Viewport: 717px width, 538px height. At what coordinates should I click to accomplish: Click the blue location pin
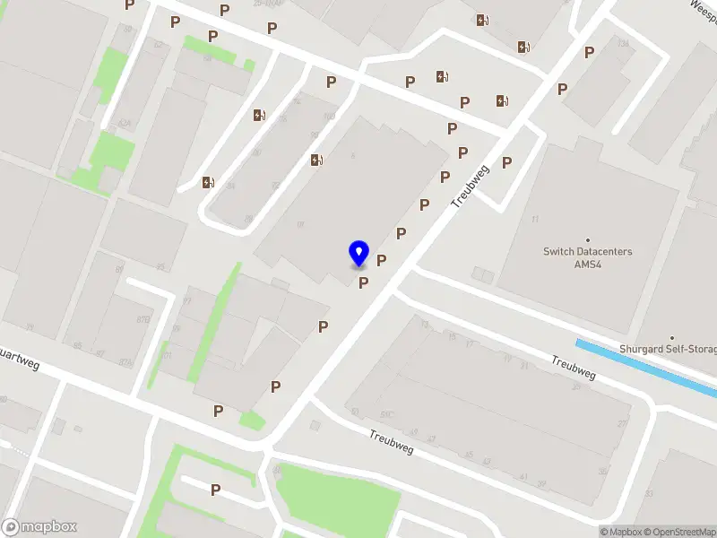tap(358, 252)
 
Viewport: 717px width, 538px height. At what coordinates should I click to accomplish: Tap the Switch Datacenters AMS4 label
tap(587, 257)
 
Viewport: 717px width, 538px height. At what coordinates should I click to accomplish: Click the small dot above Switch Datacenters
tap(588, 239)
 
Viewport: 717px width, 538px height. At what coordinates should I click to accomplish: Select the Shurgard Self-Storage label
tap(668, 349)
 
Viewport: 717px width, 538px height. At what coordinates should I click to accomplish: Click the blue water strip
tap(645, 367)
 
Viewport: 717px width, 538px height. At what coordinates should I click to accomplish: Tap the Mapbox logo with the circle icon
tap(39, 527)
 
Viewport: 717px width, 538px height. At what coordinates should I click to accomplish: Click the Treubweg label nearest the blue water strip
tap(574, 366)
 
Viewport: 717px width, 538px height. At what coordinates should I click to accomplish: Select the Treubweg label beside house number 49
tap(391, 441)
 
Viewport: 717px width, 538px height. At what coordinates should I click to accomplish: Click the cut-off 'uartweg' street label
tap(20, 359)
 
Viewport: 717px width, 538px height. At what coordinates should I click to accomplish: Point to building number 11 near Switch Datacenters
tap(535, 220)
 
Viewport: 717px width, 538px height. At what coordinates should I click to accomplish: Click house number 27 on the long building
tap(622, 423)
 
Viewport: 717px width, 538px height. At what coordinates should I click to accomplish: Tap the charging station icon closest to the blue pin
tap(315, 161)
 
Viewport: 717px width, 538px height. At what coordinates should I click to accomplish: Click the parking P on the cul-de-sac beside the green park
tap(215, 490)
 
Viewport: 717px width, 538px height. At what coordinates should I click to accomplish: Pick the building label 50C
tap(388, 415)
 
